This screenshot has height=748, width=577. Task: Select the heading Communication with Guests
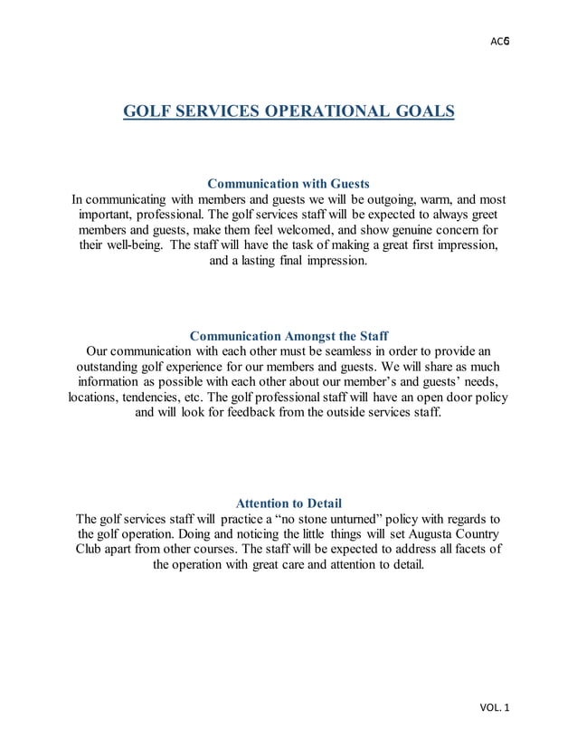coord(288,183)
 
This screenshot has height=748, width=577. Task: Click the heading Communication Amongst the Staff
coord(288,336)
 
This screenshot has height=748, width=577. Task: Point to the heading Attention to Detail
coord(288,503)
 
